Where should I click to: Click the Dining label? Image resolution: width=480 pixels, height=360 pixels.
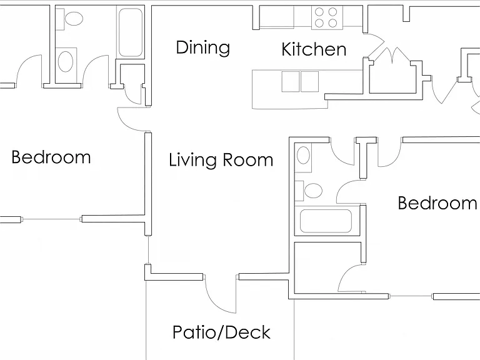pyautogui.click(x=202, y=47)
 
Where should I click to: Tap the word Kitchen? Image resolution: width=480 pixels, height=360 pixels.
pyautogui.click(x=314, y=49)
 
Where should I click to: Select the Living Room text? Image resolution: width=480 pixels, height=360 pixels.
pyautogui.click(x=221, y=160)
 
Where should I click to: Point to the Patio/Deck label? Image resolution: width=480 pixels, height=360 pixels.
pyautogui.click(x=221, y=332)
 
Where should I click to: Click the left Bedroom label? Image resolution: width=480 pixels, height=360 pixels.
pyautogui.click(x=51, y=157)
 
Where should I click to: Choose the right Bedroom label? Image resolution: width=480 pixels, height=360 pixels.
pyautogui.click(x=437, y=203)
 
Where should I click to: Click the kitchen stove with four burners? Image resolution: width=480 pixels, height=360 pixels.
pyautogui.click(x=327, y=17)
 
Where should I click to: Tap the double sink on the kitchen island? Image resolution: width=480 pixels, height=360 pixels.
pyautogui.click(x=300, y=81)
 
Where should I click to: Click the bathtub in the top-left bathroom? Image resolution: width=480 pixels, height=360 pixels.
pyautogui.click(x=131, y=32)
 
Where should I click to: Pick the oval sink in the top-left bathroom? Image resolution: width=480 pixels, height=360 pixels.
pyautogui.click(x=66, y=61)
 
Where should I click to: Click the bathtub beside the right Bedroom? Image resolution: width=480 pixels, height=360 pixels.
pyautogui.click(x=326, y=221)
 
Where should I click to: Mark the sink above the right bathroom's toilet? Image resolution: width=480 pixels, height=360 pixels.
pyautogui.click(x=303, y=155)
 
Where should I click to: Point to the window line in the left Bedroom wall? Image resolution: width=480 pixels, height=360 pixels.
pyautogui.click(x=51, y=219)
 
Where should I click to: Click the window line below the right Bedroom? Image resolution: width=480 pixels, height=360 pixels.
pyautogui.click(x=411, y=296)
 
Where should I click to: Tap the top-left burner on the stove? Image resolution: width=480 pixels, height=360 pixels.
pyautogui.click(x=319, y=12)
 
